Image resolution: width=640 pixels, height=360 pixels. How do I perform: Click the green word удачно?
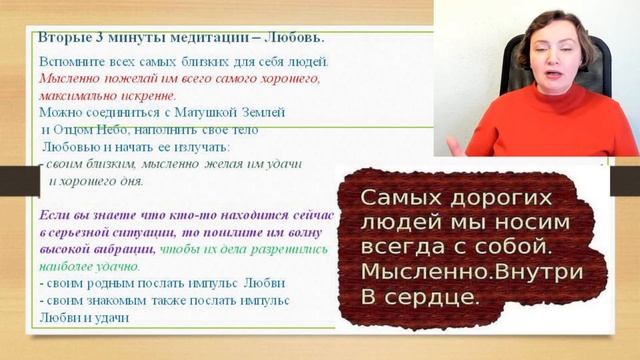click(117, 267)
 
